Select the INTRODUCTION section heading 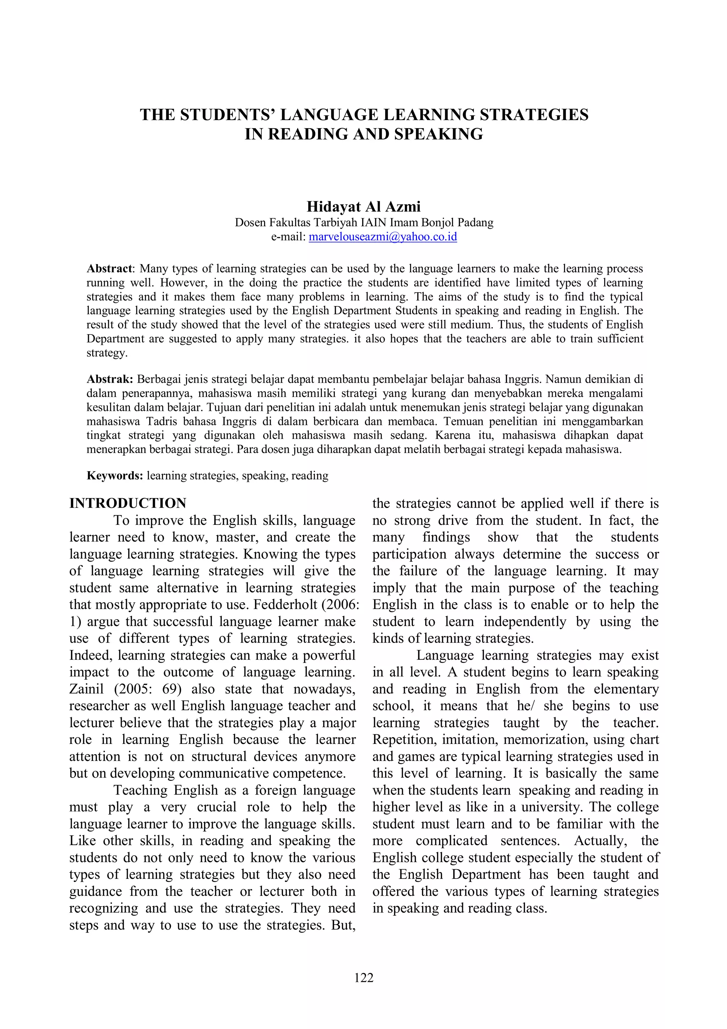[128, 503]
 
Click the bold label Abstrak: [110, 379]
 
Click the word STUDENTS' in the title [229, 115]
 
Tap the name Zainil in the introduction [86, 689]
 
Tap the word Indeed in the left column [91, 655]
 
